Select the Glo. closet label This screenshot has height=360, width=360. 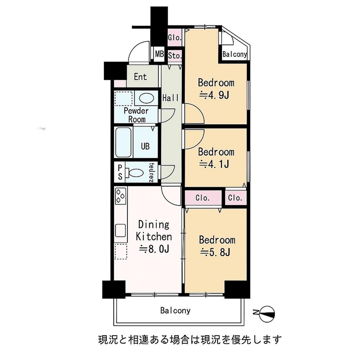175,37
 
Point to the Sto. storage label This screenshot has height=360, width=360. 175,56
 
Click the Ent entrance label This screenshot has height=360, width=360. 140,77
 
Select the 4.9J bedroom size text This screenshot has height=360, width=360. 216,95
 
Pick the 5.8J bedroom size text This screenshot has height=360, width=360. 216,252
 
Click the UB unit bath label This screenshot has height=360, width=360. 145,147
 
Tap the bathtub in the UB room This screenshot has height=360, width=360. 123,142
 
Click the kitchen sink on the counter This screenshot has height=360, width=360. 120,230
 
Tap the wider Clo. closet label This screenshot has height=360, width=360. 203,198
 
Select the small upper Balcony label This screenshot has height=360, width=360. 235,55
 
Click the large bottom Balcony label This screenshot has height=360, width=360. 175,310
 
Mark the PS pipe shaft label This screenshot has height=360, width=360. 120,172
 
